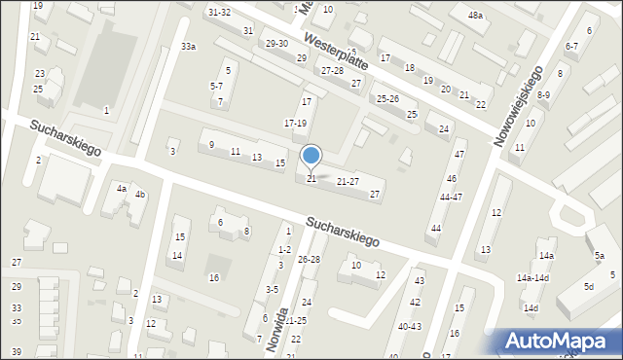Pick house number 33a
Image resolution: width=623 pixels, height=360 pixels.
188,47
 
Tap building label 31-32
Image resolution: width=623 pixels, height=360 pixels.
219,12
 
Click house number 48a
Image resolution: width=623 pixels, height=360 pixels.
475,16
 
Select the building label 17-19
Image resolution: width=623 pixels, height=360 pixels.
295,124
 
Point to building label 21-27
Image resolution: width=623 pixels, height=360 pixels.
348,182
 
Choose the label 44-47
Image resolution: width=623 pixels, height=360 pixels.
451,198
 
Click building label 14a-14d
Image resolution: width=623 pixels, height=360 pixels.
532,278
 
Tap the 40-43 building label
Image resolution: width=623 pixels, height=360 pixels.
410,326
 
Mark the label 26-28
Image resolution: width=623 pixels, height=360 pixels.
309,260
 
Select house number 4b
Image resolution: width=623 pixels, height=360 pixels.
140,195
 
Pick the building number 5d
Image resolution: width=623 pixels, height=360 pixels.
589,287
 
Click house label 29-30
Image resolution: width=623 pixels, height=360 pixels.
276,44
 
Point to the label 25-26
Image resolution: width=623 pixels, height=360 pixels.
388,98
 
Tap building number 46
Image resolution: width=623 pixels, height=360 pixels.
452,179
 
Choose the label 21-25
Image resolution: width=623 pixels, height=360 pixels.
296,321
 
